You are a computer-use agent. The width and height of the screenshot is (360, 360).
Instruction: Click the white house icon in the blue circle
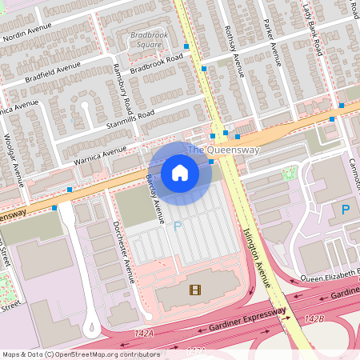click(180, 172)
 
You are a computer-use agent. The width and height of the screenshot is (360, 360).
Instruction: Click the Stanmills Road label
click(124, 118)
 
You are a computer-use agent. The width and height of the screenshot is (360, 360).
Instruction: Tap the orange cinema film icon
click(195, 289)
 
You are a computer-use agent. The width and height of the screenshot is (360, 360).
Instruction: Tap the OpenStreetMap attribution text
click(80, 354)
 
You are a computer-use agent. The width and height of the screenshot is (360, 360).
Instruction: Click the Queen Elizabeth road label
click(328, 275)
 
